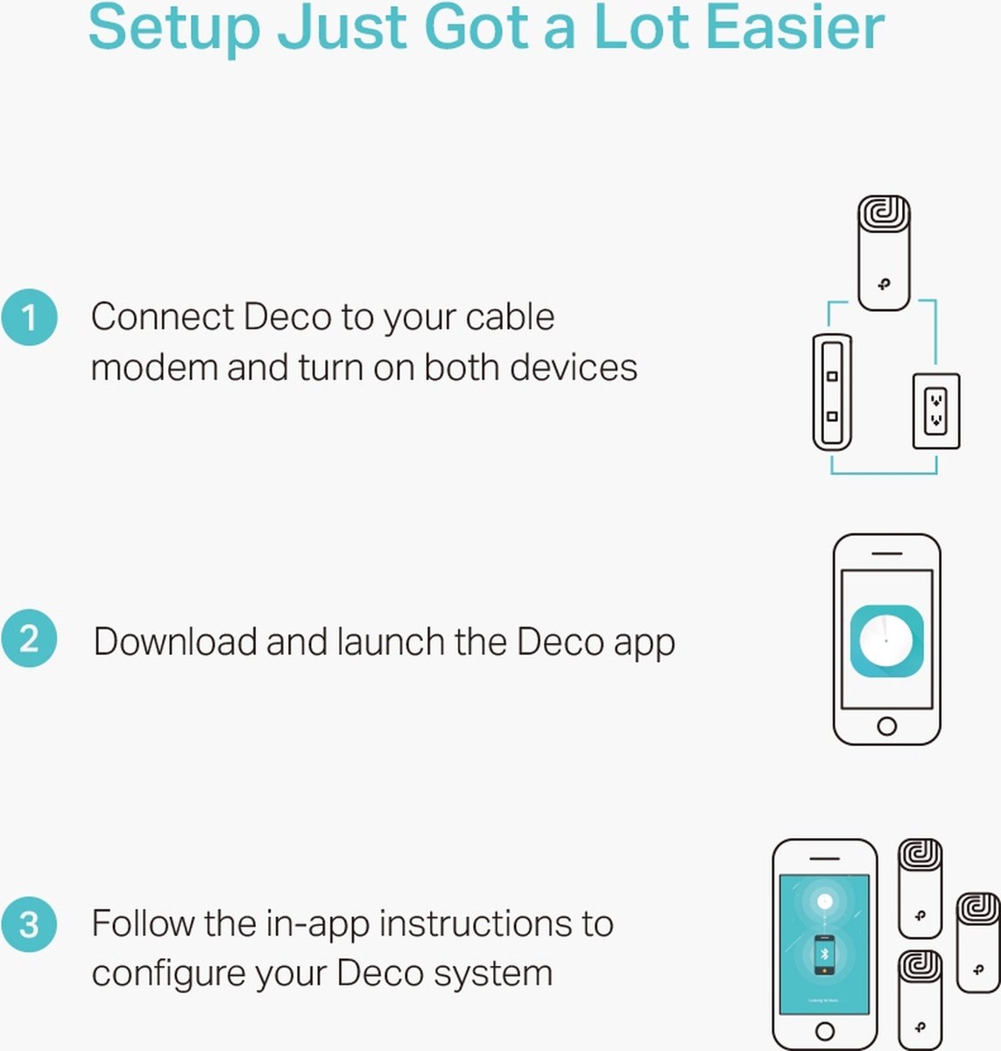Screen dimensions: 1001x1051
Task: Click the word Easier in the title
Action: click(796, 27)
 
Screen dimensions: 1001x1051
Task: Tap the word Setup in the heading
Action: click(174, 31)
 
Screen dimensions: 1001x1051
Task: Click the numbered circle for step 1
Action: click(30, 317)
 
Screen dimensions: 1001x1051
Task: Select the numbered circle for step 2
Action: click(30, 638)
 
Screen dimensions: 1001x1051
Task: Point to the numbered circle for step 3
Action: click(30, 924)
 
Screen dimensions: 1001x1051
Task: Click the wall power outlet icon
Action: click(936, 411)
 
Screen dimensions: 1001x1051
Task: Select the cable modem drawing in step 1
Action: click(832, 392)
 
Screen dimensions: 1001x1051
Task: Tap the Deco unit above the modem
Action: click(884, 252)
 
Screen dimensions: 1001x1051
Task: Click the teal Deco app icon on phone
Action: click(886, 641)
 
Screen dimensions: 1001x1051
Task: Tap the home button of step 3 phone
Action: click(825, 1030)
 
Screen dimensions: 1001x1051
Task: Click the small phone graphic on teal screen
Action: click(824, 955)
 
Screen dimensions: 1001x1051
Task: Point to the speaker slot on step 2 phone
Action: click(886, 554)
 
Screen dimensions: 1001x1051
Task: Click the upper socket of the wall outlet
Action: click(936, 399)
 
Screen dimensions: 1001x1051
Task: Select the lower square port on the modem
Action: click(832, 416)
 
